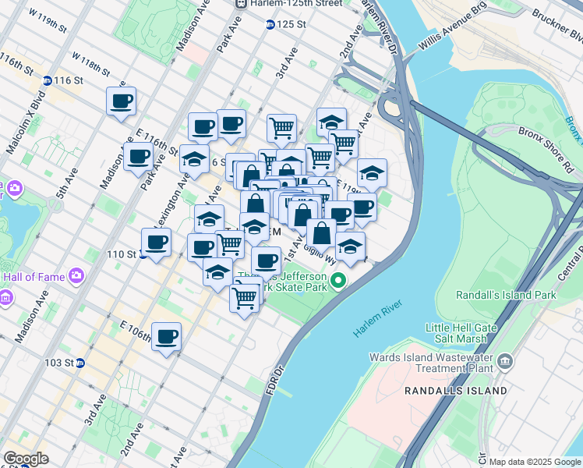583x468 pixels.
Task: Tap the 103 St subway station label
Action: tap(59, 363)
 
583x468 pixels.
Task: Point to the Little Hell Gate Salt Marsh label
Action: tap(457, 333)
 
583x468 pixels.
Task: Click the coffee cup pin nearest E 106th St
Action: tap(166, 337)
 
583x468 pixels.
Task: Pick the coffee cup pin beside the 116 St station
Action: tap(121, 101)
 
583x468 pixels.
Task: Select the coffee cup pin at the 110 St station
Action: tap(156, 243)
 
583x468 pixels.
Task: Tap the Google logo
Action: tap(26, 459)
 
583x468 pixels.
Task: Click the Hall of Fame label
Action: tap(34, 275)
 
